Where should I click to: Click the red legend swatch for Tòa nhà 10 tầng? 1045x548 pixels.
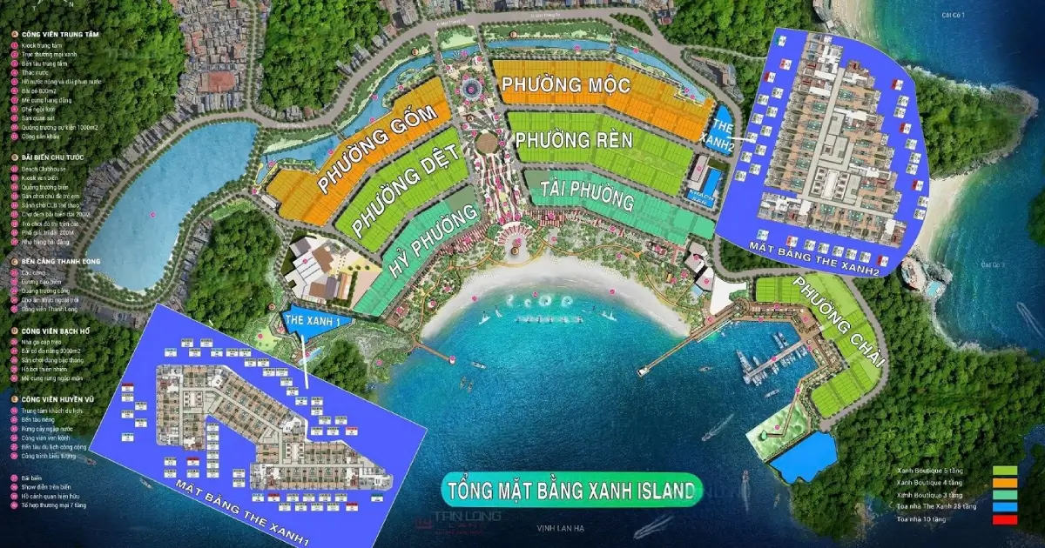[1004, 519]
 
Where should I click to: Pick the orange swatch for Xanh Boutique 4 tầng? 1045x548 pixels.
[1004, 483]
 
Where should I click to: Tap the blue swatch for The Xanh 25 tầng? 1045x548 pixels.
[1004, 507]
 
